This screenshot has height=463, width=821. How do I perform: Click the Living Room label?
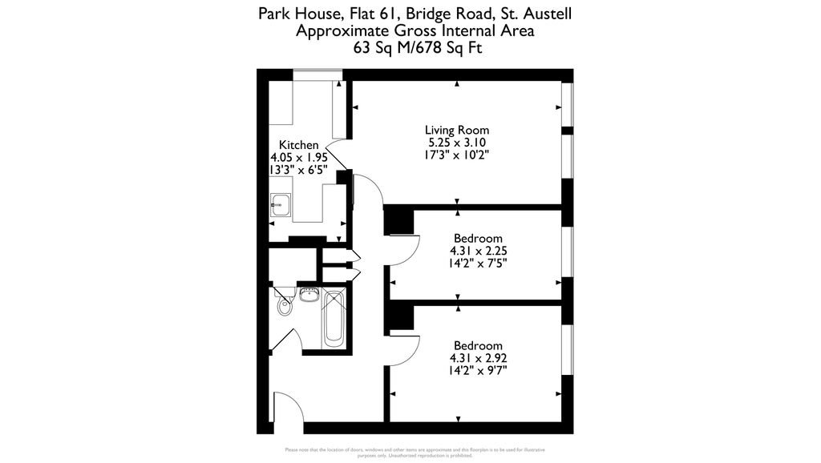456,130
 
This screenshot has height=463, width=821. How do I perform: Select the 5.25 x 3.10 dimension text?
456,143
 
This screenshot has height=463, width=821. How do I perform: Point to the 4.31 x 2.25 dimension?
478,251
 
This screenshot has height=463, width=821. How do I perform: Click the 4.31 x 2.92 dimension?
478,358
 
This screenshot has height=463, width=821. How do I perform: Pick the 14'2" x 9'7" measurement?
478,371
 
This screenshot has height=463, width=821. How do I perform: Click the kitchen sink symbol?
280,204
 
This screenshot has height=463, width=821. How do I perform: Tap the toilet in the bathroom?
282,305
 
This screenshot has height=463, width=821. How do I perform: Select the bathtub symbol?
334,320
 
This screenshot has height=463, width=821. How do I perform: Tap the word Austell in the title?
547,14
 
